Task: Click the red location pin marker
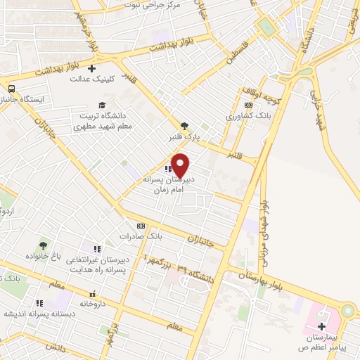click(x=181, y=165)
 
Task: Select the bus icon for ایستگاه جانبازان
click(x=11, y=89)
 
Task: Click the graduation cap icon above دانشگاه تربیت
click(x=103, y=105)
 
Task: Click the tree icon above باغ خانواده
click(x=43, y=245)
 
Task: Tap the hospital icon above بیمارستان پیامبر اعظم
click(x=321, y=326)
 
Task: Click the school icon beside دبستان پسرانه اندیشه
click(x=39, y=304)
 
